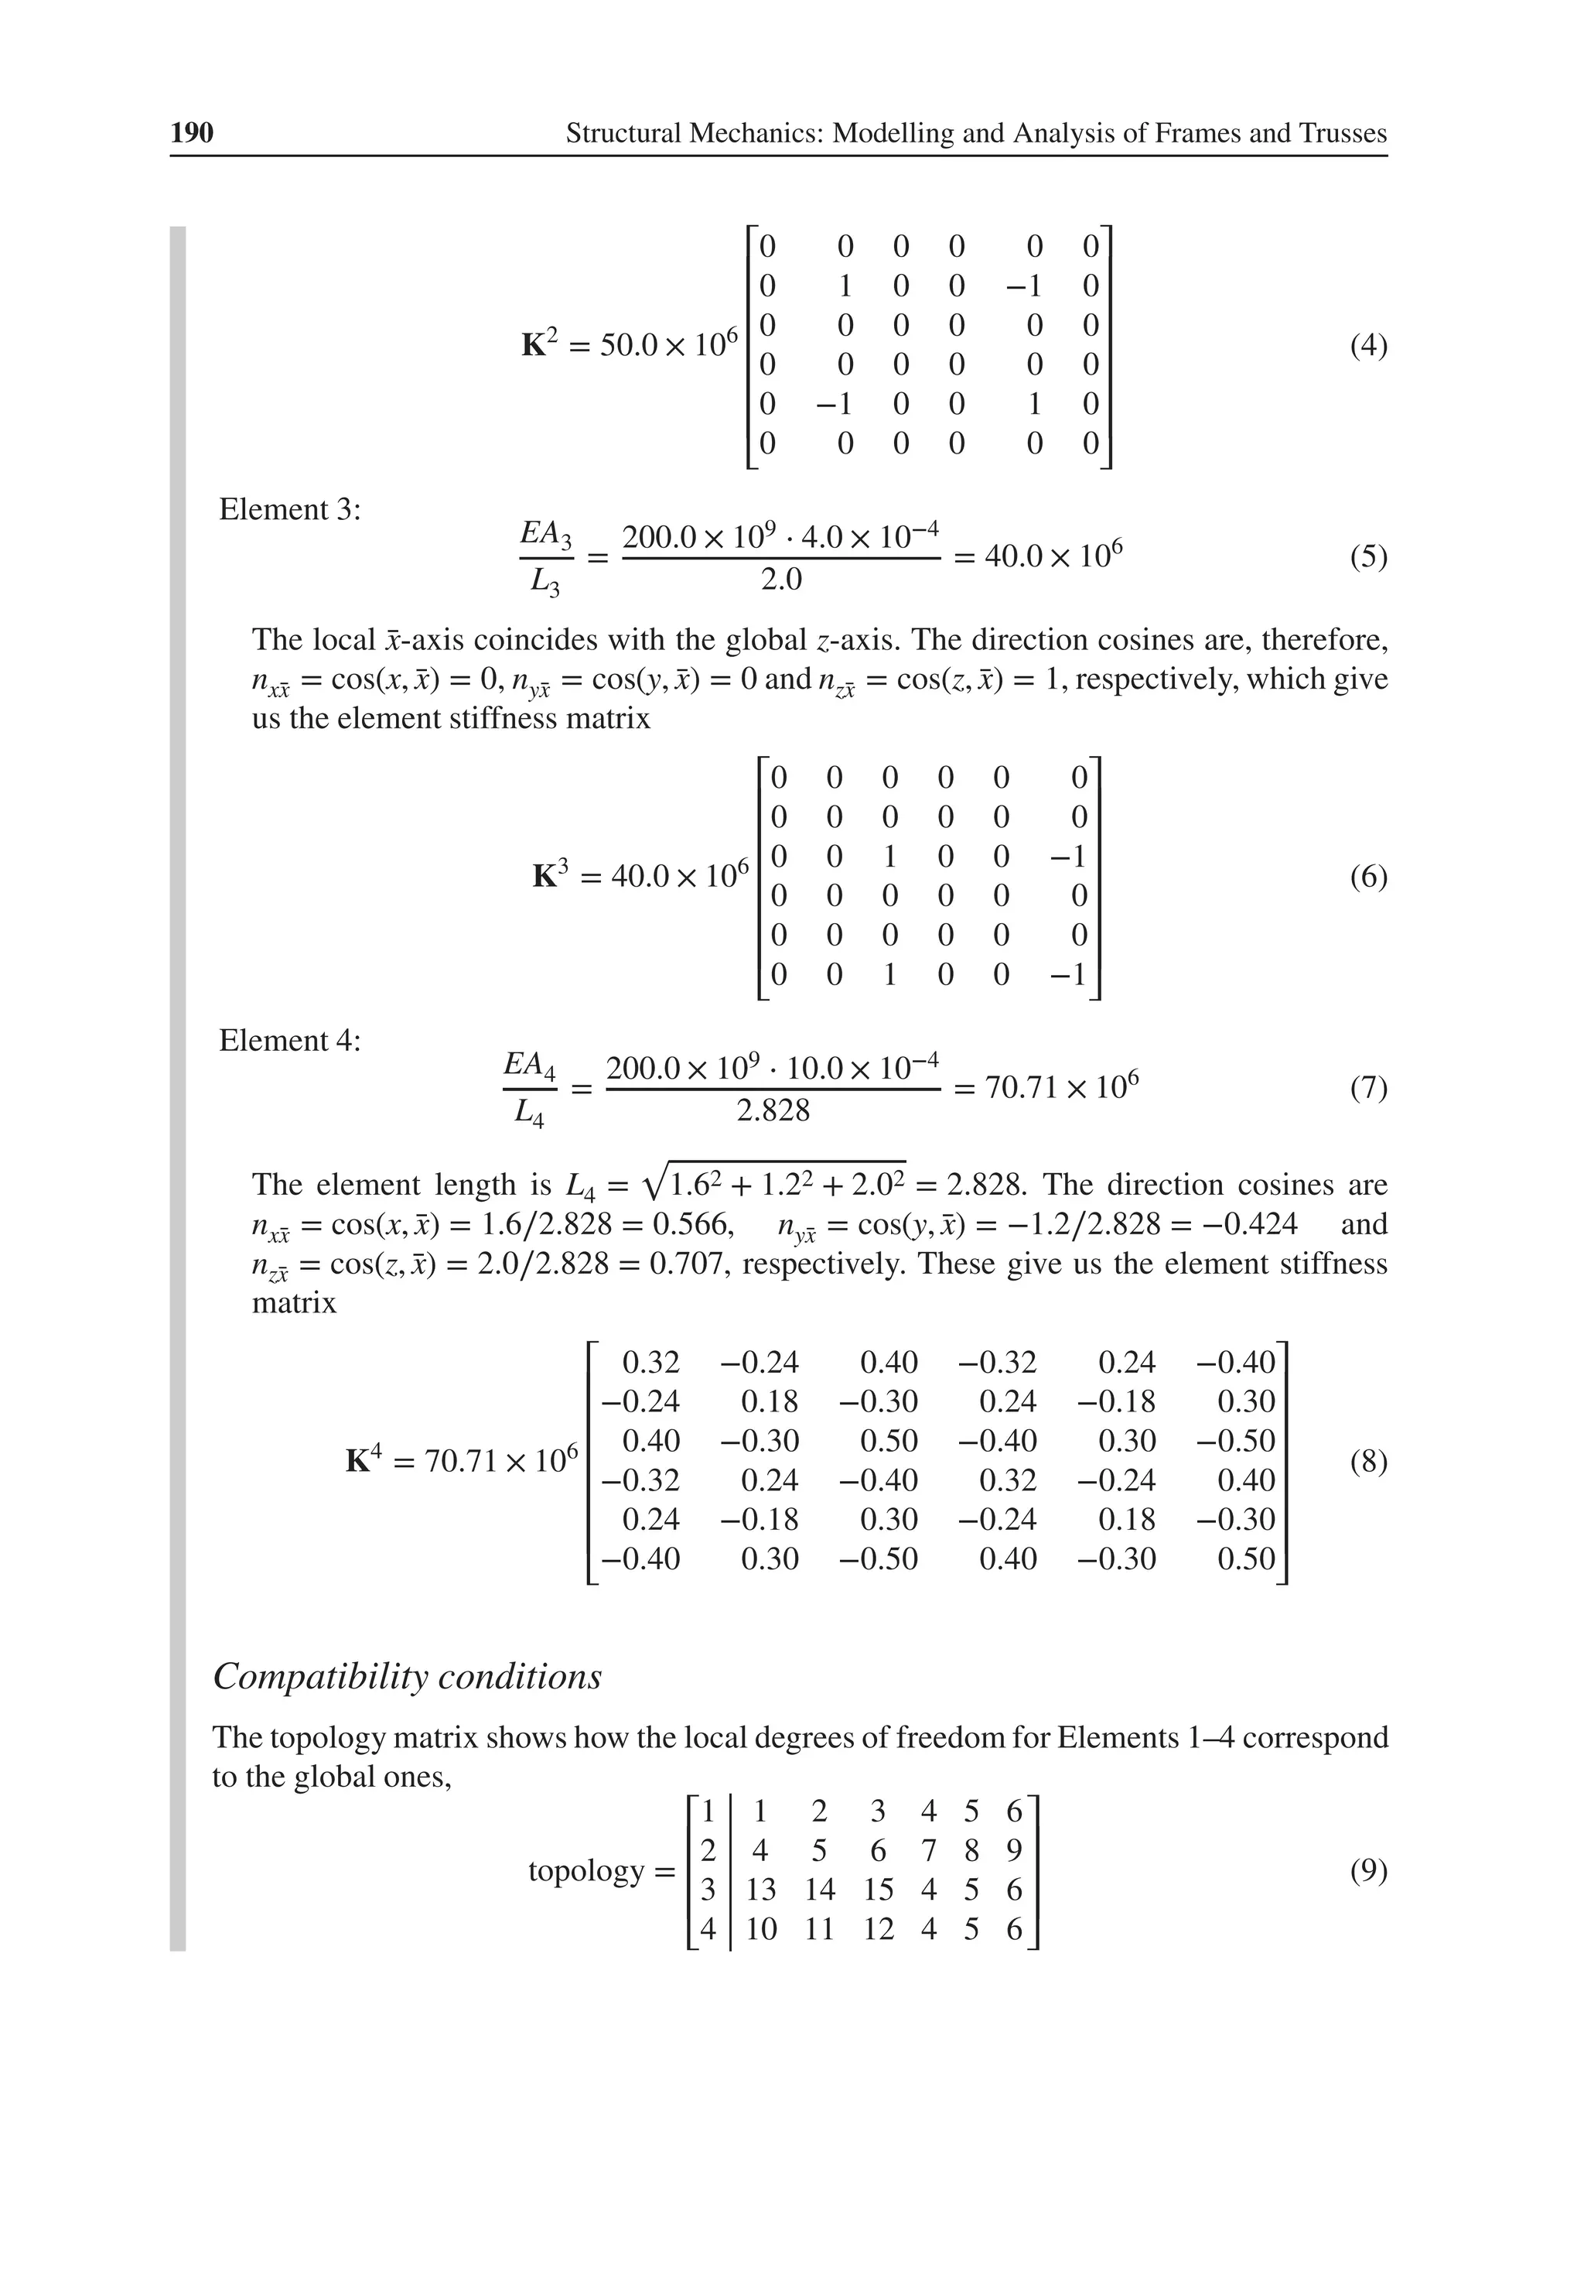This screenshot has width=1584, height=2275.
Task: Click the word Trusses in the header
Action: pyautogui.click(x=1338, y=133)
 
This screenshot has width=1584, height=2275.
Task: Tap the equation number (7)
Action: pyautogui.click(x=1368, y=1088)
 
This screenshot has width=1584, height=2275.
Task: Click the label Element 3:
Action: pyautogui.click(x=289, y=509)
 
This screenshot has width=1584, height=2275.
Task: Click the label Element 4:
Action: pyautogui.click(x=289, y=1041)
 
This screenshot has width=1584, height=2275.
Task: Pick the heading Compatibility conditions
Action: pyautogui.click(x=407, y=1677)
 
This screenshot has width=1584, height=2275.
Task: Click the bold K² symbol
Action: pyautogui.click(x=538, y=345)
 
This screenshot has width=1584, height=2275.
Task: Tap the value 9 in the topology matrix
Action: pyautogui.click(x=1013, y=1851)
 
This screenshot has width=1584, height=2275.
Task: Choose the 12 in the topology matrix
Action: pyautogui.click(x=878, y=1930)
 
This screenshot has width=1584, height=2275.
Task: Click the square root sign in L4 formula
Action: pyautogui.click(x=654, y=1183)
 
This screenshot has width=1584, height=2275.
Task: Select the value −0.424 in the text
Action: pyautogui.click(x=1251, y=1225)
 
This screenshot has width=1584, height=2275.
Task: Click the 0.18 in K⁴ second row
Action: pyautogui.click(x=770, y=1402)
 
